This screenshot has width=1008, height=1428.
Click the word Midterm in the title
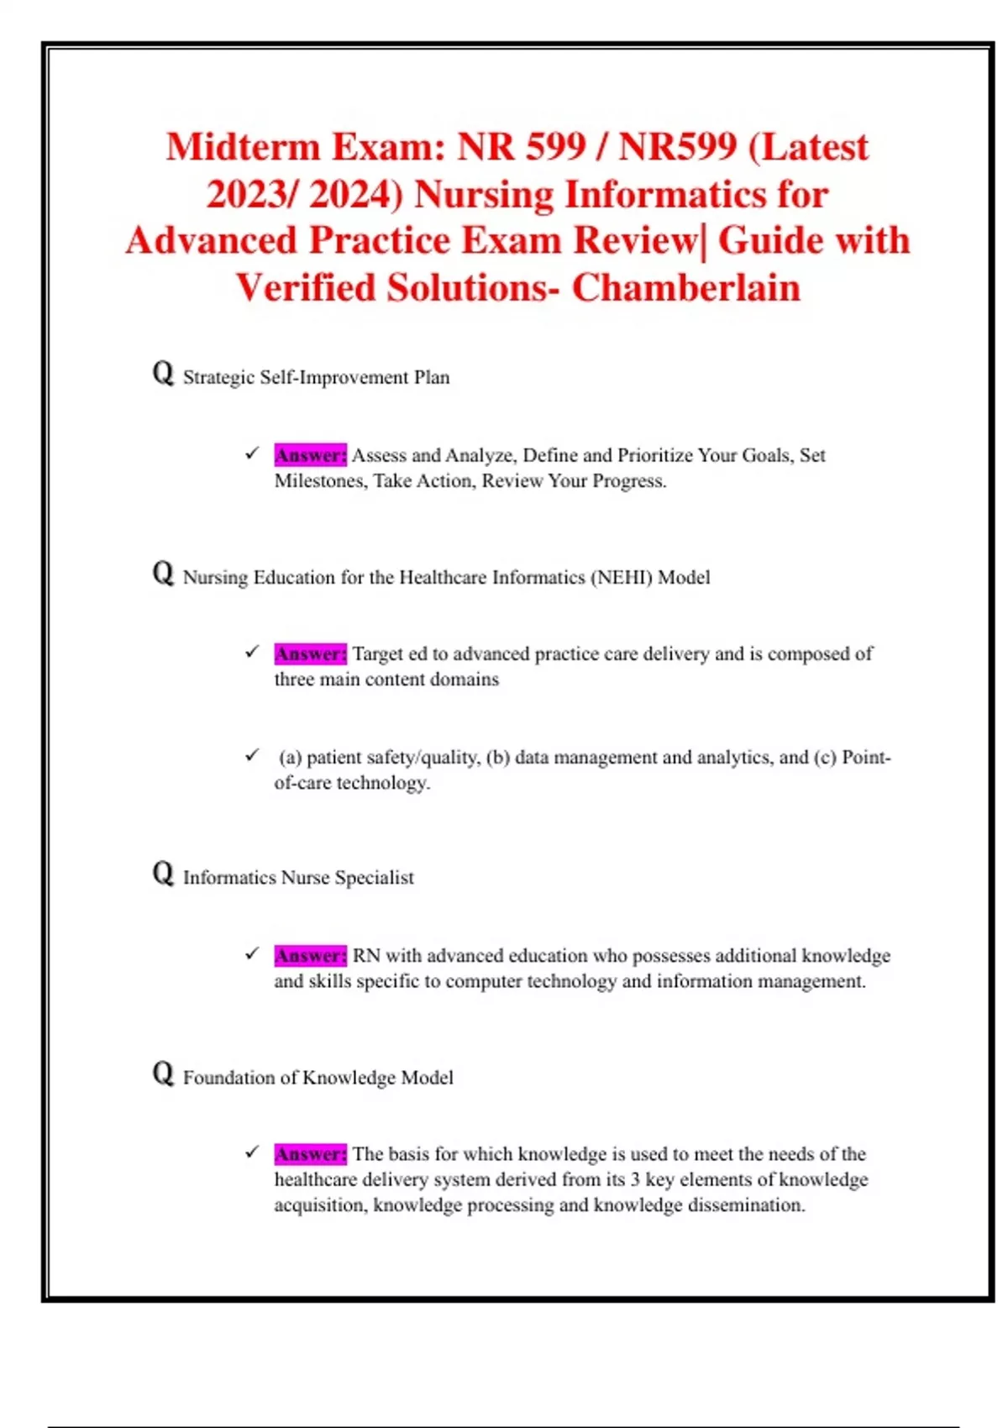pos(242,148)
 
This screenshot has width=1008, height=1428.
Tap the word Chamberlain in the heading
pos(686,288)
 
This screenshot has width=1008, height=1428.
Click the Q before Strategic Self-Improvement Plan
pos(163,373)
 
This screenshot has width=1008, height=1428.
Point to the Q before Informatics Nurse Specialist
pos(163,874)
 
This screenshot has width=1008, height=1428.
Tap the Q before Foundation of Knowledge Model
pos(163,1074)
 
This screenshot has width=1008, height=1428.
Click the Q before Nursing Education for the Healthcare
pos(163,574)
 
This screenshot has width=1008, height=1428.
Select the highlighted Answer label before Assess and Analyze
pos(310,455)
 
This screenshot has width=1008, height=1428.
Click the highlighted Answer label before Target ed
pos(310,654)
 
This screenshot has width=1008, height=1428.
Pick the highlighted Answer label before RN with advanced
pos(310,956)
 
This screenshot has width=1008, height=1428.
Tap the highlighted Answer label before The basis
pos(310,1154)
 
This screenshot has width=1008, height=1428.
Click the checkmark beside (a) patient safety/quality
pos(252,756)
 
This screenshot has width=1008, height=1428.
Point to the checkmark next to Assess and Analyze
pos(252,454)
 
